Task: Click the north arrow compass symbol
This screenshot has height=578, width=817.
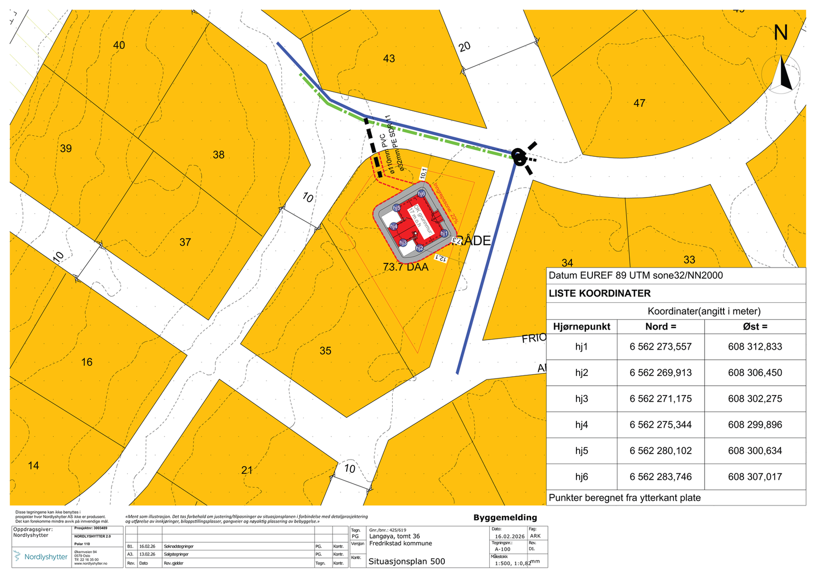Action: [781, 75]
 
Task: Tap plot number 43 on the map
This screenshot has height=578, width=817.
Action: [389, 59]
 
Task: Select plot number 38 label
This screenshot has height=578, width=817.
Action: [219, 155]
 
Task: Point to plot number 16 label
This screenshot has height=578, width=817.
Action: [87, 362]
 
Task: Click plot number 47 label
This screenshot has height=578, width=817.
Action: [639, 103]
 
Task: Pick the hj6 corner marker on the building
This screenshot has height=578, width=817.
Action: [421, 194]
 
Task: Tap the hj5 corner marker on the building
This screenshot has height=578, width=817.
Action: [397, 208]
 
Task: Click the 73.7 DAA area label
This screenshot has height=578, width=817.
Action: [405, 267]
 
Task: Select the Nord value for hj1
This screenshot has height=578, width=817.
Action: [660, 347]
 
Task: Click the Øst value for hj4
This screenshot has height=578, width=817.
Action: [755, 425]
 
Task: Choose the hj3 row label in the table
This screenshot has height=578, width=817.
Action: [582, 399]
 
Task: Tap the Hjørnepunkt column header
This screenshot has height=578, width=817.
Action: [582, 327]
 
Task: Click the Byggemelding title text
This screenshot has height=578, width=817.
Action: [505, 518]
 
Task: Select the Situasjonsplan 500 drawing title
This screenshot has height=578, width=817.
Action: [406, 562]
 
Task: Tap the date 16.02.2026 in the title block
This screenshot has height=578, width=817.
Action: [509, 537]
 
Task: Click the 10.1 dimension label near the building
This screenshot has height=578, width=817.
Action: [423, 173]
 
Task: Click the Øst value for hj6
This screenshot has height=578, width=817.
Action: [755, 477]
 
